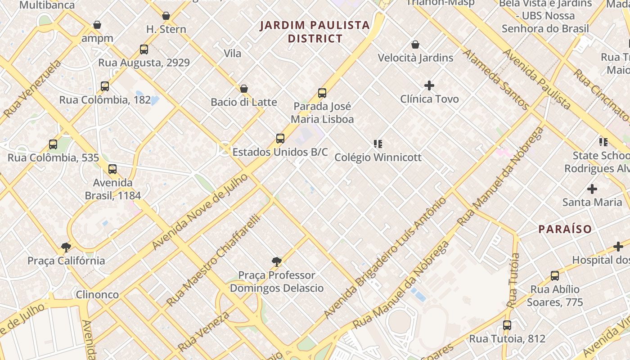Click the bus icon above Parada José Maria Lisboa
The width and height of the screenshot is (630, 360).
pyautogui.click(x=322, y=93)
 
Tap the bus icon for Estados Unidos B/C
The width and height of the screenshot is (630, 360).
pyautogui.click(x=280, y=139)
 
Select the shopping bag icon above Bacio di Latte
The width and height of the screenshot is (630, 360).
pyautogui.click(x=244, y=89)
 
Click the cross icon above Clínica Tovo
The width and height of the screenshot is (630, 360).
pyautogui.click(x=429, y=85)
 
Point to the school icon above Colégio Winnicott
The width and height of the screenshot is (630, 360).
pyautogui.click(x=378, y=144)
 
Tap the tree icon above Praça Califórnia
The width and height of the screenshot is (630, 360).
pyautogui.click(x=66, y=247)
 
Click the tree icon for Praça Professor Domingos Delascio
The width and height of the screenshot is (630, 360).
pyautogui.click(x=277, y=261)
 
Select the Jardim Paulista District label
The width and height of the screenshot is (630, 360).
pyautogui.click(x=315, y=31)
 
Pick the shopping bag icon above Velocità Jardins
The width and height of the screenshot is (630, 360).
pyautogui.click(x=415, y=45)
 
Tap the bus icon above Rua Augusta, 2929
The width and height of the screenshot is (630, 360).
pyautogui.click(x=144, y=49)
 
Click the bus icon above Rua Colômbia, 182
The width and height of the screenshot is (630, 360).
pyautogui.click(x=105, y=86)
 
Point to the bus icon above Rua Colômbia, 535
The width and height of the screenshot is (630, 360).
pyautogui.click(x=53, y=144)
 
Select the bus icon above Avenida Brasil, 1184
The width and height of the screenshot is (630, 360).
pyautogui.click(x=112, y=169)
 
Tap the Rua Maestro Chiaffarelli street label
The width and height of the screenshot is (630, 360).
pyautogui.click(x=214, y=260)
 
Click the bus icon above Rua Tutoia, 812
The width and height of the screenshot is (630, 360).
pyautogui.click(x=507, y=325)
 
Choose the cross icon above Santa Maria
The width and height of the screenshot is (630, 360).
pyautogui.click(x=592, y=189)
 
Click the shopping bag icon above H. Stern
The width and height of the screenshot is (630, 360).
pyautogui.click(x=166, y=16)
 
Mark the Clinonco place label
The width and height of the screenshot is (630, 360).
pyautogui.click(x=97, y=295)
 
